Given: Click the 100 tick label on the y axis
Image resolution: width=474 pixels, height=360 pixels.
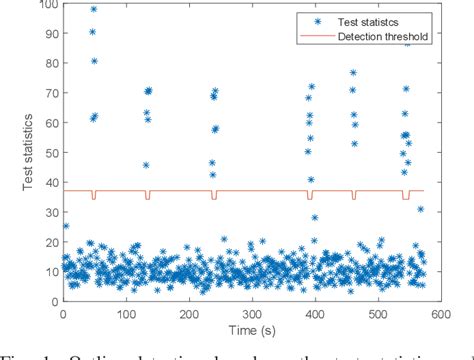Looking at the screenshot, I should (45, 7).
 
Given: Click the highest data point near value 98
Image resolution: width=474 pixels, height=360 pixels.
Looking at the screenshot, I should (94, 10).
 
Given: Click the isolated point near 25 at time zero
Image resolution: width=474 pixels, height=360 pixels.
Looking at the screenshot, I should (66, 226).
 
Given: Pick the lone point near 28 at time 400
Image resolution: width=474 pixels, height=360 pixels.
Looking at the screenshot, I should (314, 217).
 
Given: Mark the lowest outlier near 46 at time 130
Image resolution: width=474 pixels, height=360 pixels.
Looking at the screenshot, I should (146, 165).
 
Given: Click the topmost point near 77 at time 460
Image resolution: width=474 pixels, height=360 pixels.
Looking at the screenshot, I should (353, 73).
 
